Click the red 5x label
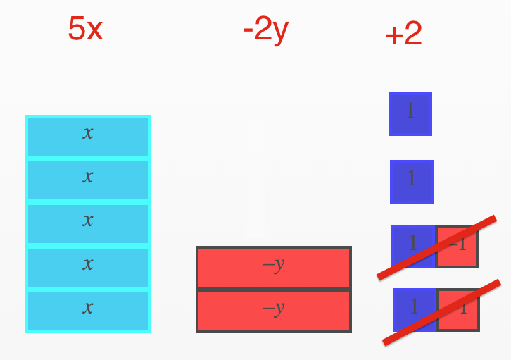[x=85, y=29]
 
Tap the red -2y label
[x=265, y=30]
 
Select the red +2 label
[x=403, y=34]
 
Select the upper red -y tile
[x=273, y=268]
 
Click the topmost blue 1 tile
[x=410, y=113]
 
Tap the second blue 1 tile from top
[x=412, y=181]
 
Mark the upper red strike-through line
[x=437, y=247]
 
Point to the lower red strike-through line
[x=441, y=313]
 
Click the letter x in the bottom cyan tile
[x=88, y=309]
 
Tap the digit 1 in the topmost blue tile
[x=410, y=111]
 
